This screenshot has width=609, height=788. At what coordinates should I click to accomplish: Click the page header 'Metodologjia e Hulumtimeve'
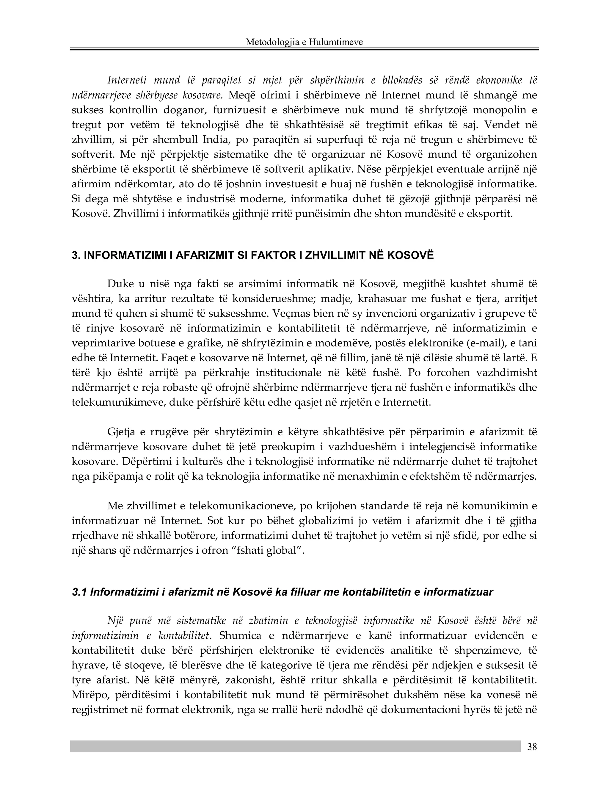click(304, 42)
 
